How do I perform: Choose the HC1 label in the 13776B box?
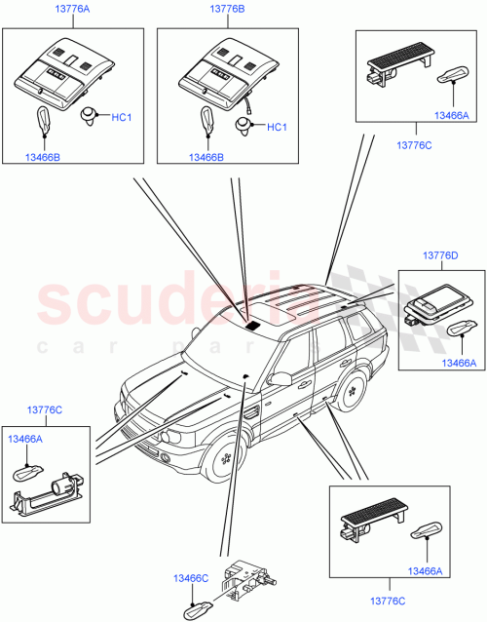pyautogui.click(x=277, y=127)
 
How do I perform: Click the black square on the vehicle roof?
pyautogui.click(x=257, y=326)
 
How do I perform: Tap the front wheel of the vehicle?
pyautogui.click(x=226, y=455)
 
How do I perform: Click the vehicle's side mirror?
pyautogui.click(x=281, y=378)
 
